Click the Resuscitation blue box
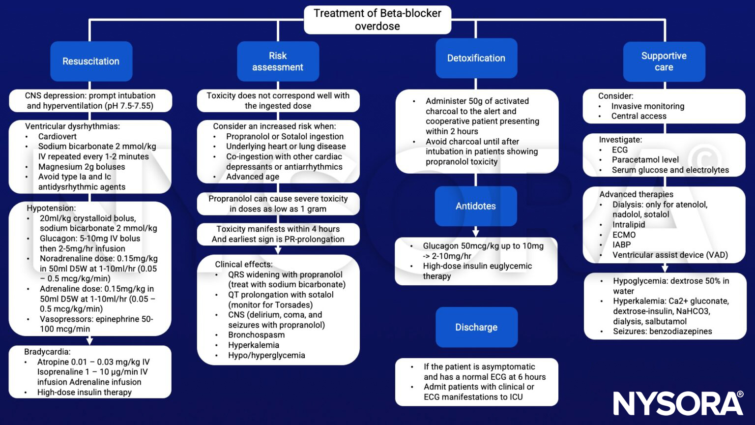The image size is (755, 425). (91, 61)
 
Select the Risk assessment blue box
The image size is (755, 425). (278, 61)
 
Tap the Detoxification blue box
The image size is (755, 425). (476, 58)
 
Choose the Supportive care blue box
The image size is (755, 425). (664, 61)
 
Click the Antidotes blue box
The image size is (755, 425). (475, 206)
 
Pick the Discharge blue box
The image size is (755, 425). (476, 327)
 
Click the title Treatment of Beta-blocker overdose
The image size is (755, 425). (377, 20)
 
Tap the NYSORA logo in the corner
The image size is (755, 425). (678, 403)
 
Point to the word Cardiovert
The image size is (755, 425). (58, 136)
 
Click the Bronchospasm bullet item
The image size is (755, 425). (256, 335)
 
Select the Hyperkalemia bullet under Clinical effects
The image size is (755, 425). (253, 345)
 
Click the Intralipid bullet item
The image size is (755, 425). (628, 225)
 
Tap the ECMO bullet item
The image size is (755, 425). (624, 235)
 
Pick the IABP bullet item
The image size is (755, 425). (621, 245)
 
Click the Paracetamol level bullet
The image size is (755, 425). (645, 160)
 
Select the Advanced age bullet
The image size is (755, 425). (252, 177)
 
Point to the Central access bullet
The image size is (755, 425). (639, 116)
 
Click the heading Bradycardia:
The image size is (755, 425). (47, 352)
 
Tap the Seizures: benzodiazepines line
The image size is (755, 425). (662, 332)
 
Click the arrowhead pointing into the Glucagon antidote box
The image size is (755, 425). (475, 233)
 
